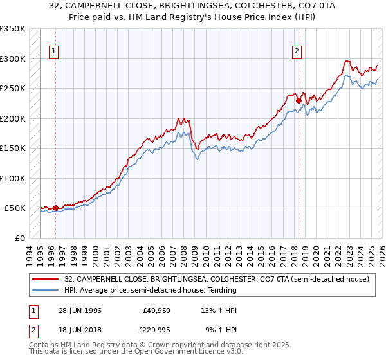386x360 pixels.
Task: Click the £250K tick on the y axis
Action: tap(13, 89)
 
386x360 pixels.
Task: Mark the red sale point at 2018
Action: tap(299, 100)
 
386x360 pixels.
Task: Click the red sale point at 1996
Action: tap(56, 208)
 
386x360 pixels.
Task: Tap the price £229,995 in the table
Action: tap(155, 331)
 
